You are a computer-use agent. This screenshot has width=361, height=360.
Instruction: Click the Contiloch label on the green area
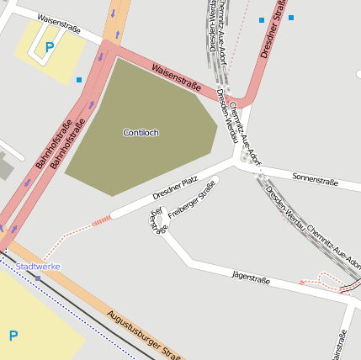pos(141,133)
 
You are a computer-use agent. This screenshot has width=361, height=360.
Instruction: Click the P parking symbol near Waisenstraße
pos(49,48)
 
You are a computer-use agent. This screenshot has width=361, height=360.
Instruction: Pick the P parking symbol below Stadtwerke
pos(13,336)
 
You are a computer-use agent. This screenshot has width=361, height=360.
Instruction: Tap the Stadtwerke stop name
pos(39,267)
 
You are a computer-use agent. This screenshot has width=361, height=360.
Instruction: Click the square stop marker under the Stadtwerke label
pos(38,278)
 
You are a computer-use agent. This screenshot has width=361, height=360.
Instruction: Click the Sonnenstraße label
pos(315,179)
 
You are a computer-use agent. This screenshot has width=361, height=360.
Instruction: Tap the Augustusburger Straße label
pos(144,336)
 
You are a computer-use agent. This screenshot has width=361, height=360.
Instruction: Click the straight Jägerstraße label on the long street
pos(251,277)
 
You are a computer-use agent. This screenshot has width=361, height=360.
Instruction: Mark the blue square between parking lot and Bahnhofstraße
pos(79,80)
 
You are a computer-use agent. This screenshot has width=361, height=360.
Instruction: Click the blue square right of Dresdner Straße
pos(291,17)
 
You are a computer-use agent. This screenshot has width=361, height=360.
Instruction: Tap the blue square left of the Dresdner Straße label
pos(262,19)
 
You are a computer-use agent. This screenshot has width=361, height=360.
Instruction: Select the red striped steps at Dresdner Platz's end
pos(101,220)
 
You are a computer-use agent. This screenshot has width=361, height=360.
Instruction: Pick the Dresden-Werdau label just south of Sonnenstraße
pos(284,206)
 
